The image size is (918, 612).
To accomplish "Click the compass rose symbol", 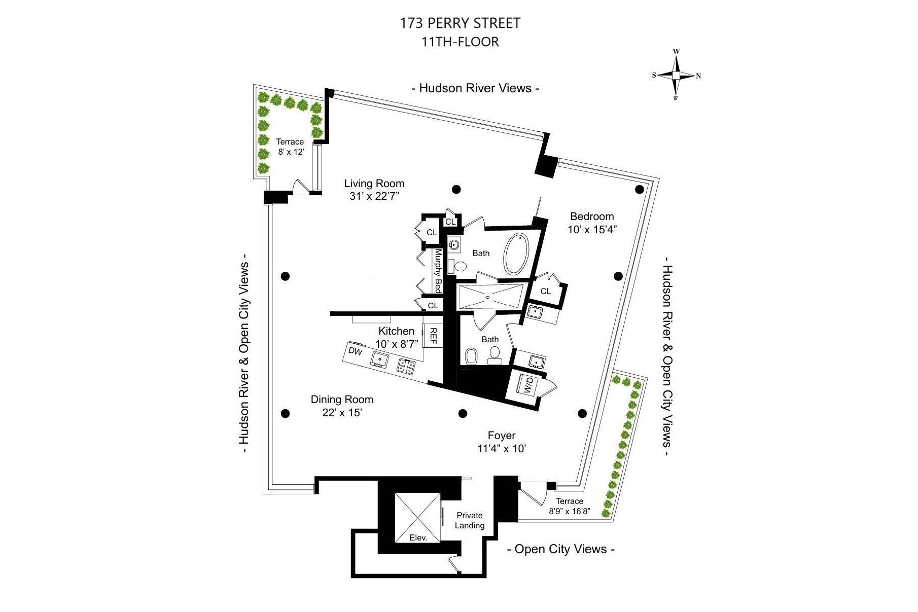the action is [x=676, y=75].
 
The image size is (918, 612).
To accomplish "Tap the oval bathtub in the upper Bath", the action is [x=516, y=254].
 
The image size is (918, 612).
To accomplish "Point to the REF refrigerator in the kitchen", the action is [x=433, y=336].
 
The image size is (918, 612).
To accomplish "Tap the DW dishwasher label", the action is [x=355, y=351].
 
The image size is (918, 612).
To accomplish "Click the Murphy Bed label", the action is [x=438, y=271].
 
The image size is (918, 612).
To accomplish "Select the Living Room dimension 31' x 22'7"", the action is [x=375, y=196].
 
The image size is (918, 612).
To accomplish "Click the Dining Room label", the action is [x=342, y=400].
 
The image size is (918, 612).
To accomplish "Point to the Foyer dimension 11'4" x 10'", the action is [x=502, y=449].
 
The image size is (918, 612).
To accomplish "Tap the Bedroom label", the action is [x=592, y=217].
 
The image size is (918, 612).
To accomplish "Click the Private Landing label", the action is [x=470, y=520].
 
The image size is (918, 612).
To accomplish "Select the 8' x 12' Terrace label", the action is [x=290, y=147].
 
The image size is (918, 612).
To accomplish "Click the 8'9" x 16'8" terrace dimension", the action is [x=570, y=512].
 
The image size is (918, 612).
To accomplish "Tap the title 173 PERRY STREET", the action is [x=460, y=23].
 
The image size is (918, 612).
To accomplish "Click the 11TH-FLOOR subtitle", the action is [x=460, y=42].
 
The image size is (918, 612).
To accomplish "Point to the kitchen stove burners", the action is [x=406, y=366].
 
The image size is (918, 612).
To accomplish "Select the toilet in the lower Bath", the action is [x=471, y=356].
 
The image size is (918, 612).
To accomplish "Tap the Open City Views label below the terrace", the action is [x=561, y=549].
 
